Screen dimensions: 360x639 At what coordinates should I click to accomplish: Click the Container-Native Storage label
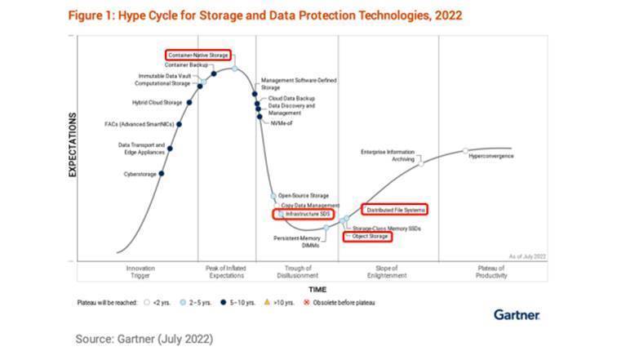(198, 56)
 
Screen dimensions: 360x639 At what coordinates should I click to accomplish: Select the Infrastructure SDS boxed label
(304, 213)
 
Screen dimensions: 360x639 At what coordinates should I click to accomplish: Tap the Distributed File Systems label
(396, 210)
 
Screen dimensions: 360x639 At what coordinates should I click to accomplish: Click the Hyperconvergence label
(491, 154)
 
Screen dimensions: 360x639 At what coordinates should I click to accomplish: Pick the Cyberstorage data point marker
(162, 174)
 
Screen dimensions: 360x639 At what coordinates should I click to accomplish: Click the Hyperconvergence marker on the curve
(465, 151)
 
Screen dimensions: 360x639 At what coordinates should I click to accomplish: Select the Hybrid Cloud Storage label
(157, 103)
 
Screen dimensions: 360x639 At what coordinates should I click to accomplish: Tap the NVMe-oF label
(281, 124)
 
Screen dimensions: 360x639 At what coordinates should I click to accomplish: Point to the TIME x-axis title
(317, 289)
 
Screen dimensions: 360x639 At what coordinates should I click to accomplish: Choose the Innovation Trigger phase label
(140, 272)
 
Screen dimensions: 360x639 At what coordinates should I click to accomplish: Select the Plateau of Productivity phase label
(490, 272)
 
